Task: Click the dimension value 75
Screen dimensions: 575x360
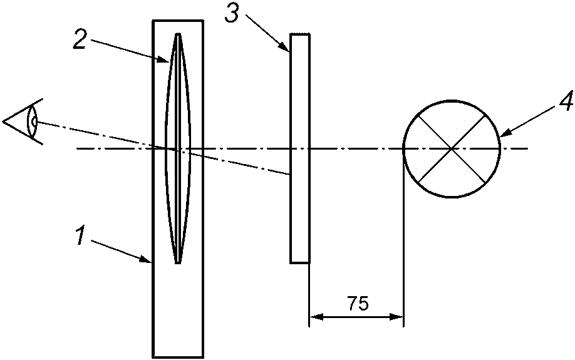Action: (x=358, y=304)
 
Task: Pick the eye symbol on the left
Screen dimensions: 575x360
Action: (x=23, y=121)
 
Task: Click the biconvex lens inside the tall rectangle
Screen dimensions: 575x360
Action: (x=178, y=148)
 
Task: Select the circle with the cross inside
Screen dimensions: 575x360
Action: (x=452, y=149)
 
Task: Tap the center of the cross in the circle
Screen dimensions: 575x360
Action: (x=452, y=149)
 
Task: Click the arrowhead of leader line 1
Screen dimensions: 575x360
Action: (x=147, y=260)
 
